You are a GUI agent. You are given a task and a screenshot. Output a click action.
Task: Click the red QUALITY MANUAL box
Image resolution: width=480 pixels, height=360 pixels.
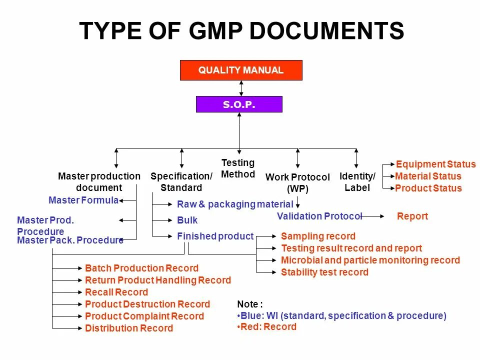[241, 70]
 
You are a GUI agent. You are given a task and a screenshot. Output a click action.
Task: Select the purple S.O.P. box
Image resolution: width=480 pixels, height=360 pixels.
[239, 104]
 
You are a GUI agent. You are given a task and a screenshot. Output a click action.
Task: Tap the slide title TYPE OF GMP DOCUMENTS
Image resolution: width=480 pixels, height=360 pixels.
[241, 31]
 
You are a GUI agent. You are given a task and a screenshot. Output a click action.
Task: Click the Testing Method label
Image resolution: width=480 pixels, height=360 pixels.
[238, 168]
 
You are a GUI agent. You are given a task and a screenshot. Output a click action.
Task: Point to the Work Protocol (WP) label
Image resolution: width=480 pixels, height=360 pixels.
[297, 183]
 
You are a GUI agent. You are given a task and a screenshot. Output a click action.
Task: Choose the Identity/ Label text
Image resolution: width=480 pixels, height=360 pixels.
[357, 182]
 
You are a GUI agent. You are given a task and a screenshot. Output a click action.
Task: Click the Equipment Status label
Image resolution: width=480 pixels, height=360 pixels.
[435, 164]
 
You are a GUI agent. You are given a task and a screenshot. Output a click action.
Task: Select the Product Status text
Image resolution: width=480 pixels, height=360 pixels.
[428, 188]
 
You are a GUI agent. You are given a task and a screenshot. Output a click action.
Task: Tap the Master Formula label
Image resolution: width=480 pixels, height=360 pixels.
[83, 200]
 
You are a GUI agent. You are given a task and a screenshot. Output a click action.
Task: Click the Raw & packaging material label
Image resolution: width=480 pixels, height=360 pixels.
[235, 204]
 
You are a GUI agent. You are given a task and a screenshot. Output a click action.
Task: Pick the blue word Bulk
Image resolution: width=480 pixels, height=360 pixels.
[187, 220]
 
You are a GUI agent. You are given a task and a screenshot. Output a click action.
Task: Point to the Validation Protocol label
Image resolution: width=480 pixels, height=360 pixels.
[319, 216]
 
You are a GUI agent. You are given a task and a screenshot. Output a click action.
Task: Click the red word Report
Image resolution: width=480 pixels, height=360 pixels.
[412, 216]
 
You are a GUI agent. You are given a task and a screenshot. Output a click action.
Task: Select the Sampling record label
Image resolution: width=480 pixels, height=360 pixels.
[318, 236]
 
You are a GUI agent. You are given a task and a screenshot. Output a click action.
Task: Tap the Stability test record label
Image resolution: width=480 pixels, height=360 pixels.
[324, 272]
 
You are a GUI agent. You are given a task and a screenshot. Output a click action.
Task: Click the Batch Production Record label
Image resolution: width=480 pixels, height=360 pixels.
[141, 268]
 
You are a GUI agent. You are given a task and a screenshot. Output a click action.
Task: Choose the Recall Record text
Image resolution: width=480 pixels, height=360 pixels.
[116, 292]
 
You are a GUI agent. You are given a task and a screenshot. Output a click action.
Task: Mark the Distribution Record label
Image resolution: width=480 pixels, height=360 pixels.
[129, 328]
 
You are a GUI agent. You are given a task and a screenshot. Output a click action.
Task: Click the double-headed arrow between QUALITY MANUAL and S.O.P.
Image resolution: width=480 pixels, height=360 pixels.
[241, 88]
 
